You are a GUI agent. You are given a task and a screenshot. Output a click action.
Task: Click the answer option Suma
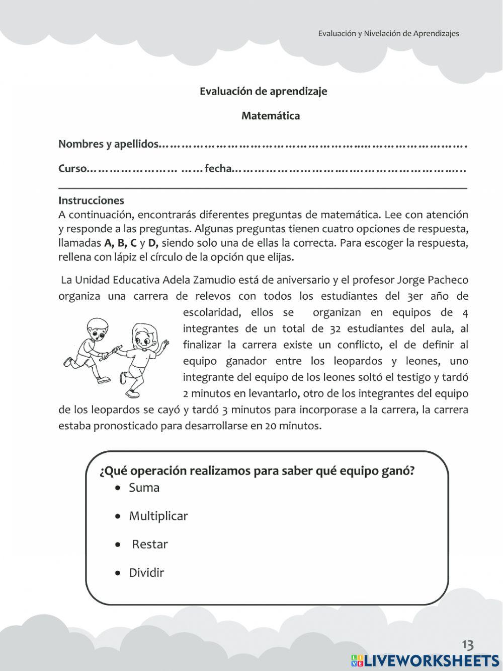[x=144, y=488]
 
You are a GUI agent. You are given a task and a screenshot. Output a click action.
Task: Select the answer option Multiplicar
[x=158, y=516]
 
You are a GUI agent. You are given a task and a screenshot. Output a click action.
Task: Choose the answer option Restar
[x=149, y=544]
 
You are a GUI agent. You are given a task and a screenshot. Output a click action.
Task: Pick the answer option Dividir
[x=146, y=573]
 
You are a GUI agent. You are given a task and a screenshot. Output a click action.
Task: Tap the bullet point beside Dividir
[x=118, y=573]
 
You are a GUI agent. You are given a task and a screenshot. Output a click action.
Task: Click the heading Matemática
[x=271, y=116]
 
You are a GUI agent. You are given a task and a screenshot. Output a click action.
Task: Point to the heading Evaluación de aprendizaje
[x=263, y=91]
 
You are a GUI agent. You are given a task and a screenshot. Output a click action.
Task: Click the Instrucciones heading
[x=91, y=200]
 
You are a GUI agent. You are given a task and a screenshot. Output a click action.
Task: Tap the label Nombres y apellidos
[x=108, y=144]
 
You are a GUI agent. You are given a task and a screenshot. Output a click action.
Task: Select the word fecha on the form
[x=217, y=169]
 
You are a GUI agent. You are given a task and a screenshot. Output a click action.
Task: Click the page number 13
[x=467, y=645]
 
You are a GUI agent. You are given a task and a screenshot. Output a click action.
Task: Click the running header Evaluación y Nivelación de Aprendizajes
[x=388, y=34]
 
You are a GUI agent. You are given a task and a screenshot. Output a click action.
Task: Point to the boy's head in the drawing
[x=95, y=328]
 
